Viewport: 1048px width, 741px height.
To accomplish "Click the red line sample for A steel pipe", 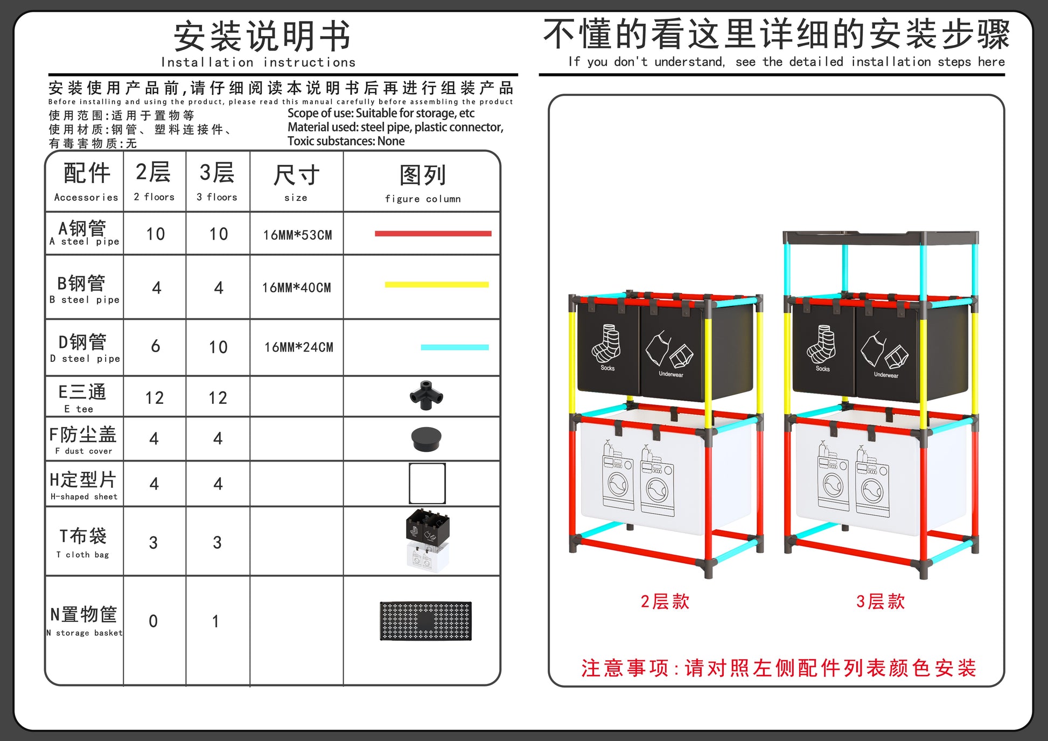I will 433,234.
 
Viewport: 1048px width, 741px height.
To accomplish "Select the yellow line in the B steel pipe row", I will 437,285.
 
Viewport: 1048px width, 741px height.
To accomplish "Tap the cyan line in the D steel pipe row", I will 455,347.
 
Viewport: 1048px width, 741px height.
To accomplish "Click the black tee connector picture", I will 427,396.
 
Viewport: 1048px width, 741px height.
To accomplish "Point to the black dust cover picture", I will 427,438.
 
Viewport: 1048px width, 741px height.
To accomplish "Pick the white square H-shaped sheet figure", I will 427,483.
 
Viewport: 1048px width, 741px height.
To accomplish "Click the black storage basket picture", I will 425,621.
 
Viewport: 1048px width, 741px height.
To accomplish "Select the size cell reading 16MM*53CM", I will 297,235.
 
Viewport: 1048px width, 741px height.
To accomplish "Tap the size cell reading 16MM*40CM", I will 296,288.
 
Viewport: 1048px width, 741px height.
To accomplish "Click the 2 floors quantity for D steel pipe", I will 156,346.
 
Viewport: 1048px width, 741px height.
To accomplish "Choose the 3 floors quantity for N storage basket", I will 216,621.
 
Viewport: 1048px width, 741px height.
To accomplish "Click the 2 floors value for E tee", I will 155,398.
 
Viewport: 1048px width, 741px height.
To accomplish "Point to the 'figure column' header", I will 423,199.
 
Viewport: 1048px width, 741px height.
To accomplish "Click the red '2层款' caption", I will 665,602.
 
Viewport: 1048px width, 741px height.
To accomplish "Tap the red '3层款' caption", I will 881,602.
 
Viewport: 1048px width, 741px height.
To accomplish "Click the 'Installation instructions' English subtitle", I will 258,62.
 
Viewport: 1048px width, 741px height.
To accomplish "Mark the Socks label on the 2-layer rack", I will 607,368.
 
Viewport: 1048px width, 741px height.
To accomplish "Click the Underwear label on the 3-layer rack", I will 886,375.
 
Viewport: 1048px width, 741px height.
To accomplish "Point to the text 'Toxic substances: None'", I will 346,141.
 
